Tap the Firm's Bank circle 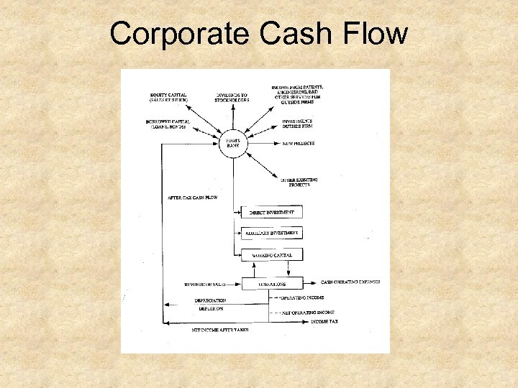tap(234, 143)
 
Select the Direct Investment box tap(272, 212)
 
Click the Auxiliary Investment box tap(272, 233)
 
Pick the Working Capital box tap(272, 255)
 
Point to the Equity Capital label tap(168, 97)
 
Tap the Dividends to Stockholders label tap(232, 97)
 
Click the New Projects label tap(298, 144)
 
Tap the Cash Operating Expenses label tap(350, 282)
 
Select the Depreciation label tap(210, 300)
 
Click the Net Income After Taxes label tap(219, 329)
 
